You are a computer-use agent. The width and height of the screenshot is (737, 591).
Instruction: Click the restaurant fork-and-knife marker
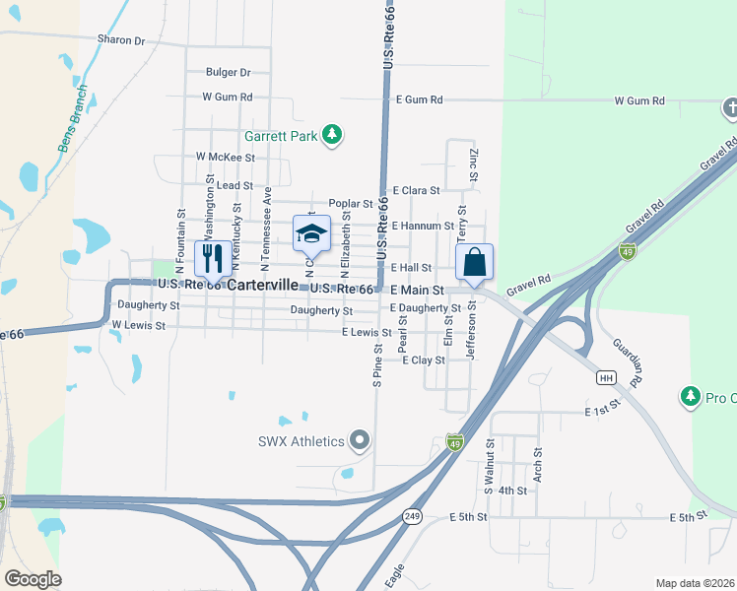(x=212, y=258)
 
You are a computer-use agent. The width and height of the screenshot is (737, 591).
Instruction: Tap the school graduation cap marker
(x=310, y=232)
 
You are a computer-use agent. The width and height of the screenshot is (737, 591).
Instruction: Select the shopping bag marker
(x=474, y=262)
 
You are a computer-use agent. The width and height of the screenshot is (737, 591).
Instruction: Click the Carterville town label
(x=263, y=285)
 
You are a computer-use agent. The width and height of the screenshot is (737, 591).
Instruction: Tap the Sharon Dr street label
(x=121, y=40)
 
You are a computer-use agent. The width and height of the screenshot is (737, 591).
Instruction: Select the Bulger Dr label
(x=229, y=72)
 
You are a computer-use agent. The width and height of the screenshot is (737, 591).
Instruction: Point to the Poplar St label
(x=351, y=204)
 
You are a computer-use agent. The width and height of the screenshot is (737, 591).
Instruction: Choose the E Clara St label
(x=416, y=190)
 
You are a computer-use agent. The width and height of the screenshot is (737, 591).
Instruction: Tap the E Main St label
(x=418, y=291)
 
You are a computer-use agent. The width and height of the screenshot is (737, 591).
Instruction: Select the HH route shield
(x=607, y=377)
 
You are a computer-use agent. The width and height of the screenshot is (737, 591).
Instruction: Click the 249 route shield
(x=411, y=516)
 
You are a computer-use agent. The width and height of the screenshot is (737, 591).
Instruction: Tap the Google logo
(x=33, y=579)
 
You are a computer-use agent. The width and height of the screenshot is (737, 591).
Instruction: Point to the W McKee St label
(x=226, y=157)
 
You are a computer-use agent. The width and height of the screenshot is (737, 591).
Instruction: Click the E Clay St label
(x=424, y=361)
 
